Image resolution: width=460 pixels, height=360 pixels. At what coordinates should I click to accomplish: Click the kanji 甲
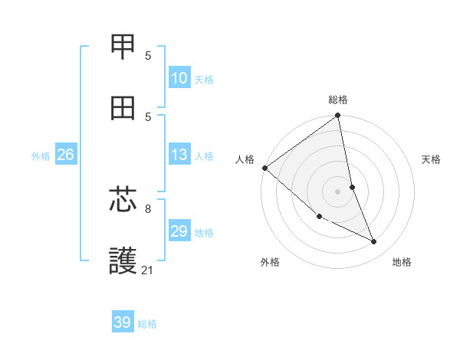pos(123,47)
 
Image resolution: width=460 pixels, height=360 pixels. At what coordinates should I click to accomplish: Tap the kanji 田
pos(123,109)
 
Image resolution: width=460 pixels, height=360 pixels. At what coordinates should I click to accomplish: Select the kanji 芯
pos(123,200)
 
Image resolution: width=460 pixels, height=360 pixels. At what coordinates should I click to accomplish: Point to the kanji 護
pos(123,260)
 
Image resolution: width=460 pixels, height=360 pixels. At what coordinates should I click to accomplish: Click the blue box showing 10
pos(179,78)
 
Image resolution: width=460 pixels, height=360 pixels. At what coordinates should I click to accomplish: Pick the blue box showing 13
pos(179,155)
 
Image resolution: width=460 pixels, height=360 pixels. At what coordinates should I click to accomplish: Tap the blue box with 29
pos(179,231)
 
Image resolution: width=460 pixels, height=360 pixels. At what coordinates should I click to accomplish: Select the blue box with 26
pos(65,155)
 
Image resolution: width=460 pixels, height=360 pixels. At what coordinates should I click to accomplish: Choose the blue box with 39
pos(122,322)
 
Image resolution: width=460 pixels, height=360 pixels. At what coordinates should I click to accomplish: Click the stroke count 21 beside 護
pos(148,270)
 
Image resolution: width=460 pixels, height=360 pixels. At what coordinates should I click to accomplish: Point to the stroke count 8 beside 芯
pos(148,208)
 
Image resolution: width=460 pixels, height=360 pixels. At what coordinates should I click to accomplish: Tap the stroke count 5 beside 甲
pos(148,55)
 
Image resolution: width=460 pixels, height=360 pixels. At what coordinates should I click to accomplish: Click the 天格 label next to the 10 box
pos(204,79)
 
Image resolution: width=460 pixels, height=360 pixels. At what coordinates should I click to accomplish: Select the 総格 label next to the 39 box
pos(147,324)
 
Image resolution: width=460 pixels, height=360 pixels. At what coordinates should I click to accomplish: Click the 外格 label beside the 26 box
pos(41,155)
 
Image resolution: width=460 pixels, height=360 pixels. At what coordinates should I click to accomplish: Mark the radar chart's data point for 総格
pos(338,116)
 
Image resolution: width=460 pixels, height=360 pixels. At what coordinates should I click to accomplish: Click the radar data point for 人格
pos(264,168)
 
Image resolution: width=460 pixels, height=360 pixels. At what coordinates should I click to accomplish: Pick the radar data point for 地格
pos(374,242)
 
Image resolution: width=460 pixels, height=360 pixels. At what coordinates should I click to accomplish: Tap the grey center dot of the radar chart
pos(338,191)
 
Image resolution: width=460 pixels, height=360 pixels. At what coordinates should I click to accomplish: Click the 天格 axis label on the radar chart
pos(431,159)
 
